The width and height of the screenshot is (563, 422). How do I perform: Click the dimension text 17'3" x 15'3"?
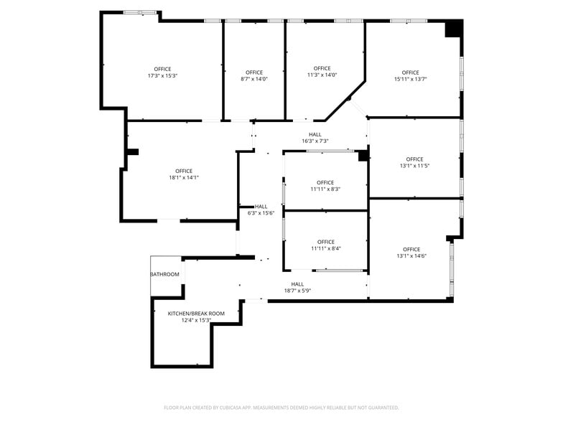coord(162,75)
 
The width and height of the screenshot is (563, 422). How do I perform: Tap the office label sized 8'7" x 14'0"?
coord(253,79)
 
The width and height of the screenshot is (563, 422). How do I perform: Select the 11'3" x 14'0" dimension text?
coord(322,75)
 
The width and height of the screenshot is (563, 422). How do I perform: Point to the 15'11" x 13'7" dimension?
coord(410,79)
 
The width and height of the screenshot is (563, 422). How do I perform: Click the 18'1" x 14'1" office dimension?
coord(184,177)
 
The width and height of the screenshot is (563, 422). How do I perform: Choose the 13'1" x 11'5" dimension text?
coord(414,166)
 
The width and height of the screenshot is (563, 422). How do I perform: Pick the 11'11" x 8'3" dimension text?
coord(325,189)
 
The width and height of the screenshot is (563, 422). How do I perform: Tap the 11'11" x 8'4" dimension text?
coord(325,248)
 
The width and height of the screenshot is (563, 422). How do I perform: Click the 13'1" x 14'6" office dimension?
coord(411,255)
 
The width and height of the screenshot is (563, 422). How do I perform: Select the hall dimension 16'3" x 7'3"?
coord(315,141)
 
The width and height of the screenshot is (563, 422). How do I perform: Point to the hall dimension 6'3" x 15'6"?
coord(261,212)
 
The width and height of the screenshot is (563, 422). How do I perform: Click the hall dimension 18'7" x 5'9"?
coord(297,290)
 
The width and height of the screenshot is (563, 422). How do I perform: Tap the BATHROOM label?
coord(164,274)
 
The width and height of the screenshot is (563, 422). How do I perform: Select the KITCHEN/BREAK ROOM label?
coord(196,313)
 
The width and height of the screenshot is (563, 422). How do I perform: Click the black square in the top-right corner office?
coord(453,29)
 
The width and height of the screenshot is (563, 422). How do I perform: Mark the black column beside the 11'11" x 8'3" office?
coord(363,155)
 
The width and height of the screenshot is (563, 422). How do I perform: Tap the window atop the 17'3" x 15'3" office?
coord(140,12)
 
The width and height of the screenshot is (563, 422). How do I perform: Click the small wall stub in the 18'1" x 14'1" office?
coord(132,151)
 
